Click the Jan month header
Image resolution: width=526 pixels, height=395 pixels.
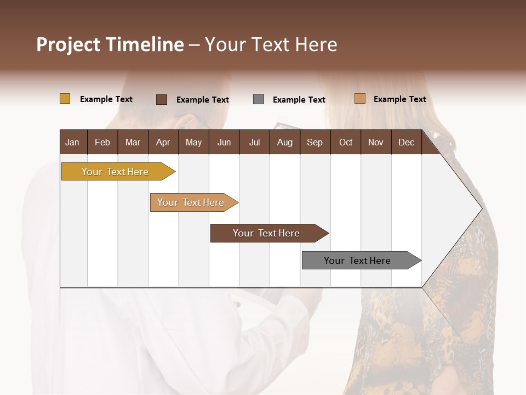click(x=72, y=142)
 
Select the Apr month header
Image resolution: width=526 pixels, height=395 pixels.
click(x=163, y=142)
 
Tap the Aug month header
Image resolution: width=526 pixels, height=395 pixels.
click(x=284, y=142)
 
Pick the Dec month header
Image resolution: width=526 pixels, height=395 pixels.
click(x=406, y=142)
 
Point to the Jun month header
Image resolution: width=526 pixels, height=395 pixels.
click(x=224, y=142)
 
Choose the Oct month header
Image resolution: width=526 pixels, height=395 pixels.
click(x=345, y=142)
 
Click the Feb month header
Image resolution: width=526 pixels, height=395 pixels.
click(x=102, y=142)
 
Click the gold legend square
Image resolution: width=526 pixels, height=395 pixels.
click(x=65, y=99)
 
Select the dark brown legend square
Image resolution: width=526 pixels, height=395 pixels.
click(x=162, y=99)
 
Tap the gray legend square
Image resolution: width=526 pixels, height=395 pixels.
click(x=258, y=99)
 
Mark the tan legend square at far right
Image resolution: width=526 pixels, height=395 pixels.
click(x=359, y=99)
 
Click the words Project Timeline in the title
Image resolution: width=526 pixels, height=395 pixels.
click(x=110, y=44)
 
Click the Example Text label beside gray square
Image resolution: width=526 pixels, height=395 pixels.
click(x=299, y=99)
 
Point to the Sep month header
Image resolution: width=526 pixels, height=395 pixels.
click(x=315, y=142)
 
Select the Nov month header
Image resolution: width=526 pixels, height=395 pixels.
click(x=375, y=142)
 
